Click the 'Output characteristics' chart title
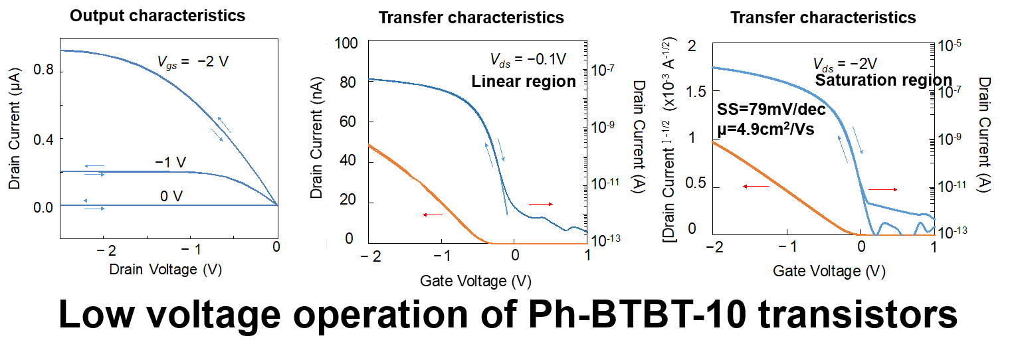click(157, 15)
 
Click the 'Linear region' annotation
click(524, 82)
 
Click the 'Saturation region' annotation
click(883, 80)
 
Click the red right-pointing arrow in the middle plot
click(540, 204)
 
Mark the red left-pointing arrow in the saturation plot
click(756, 187)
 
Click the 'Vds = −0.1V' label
click(528, 60)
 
